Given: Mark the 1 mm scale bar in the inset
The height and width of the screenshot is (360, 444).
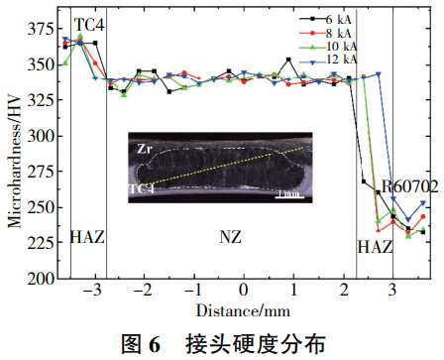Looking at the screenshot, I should coord(289,192).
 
